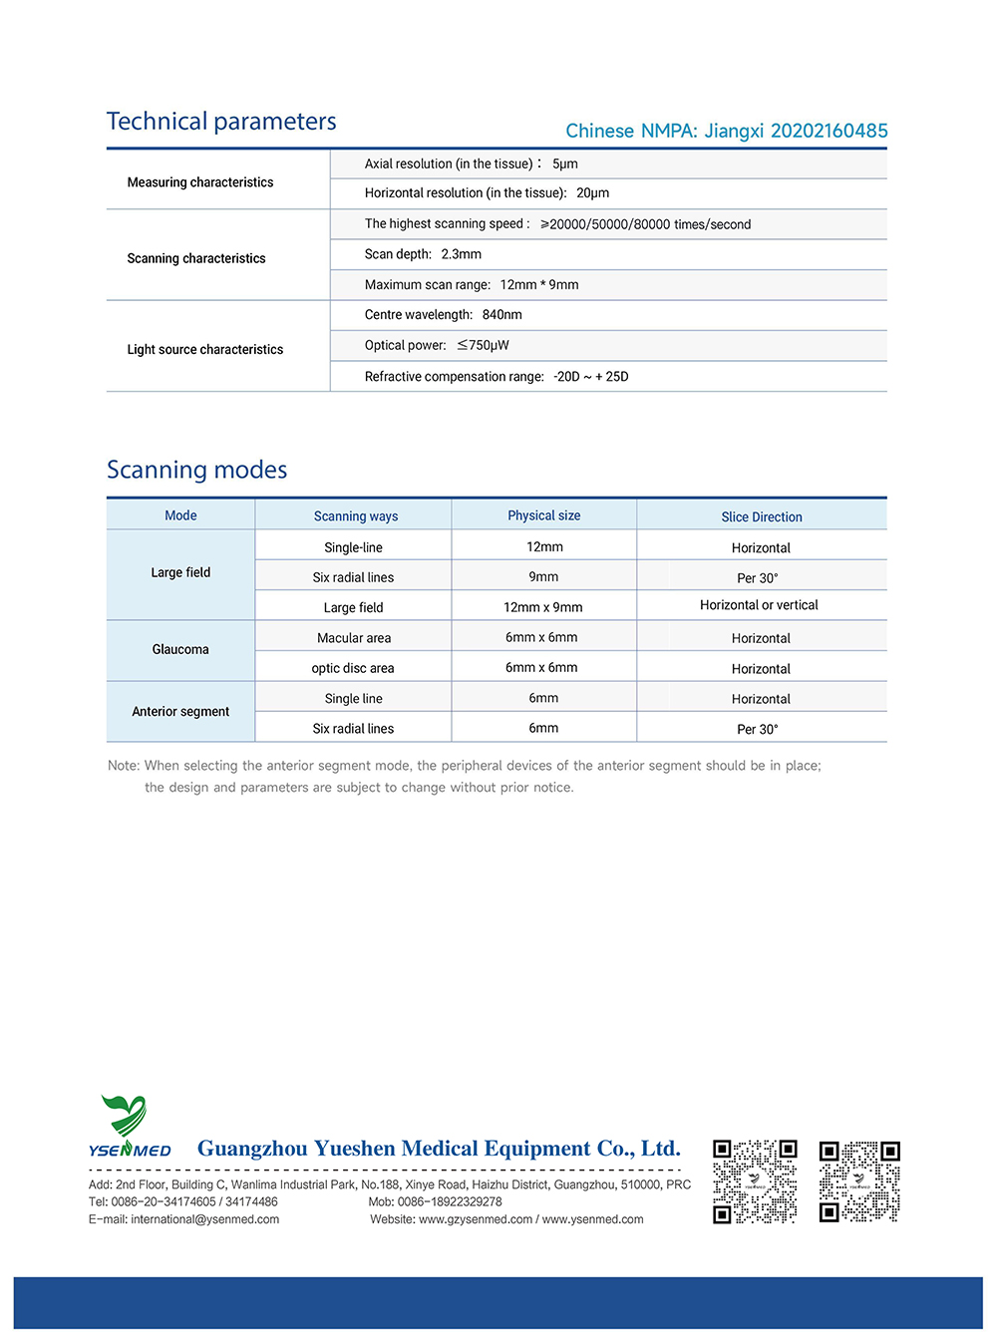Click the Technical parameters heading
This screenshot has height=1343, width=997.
221,122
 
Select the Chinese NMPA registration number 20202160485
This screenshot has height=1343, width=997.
829,131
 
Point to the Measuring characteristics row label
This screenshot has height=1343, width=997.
199,182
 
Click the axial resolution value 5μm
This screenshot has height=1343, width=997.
565,164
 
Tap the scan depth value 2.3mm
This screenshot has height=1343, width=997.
462,254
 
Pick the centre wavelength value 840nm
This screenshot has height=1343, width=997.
502,315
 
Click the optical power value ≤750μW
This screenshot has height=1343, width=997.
484,345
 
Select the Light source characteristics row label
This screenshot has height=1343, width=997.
204,349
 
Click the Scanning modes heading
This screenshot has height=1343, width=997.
196,470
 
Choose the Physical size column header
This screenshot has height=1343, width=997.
543,515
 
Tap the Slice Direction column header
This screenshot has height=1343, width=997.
761,516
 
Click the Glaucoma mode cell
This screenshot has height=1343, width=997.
180,649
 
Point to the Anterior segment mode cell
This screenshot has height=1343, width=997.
180,711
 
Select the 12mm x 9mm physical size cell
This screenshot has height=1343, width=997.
542,607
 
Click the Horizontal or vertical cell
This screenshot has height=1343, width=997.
759,605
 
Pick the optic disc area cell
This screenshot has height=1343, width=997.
353,668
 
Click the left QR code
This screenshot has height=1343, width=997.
755,1181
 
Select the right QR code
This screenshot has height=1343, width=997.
859,1181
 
